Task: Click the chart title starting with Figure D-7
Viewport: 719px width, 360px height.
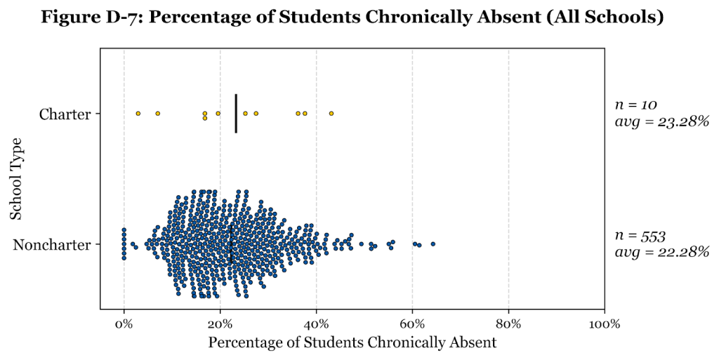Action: click(x=352, y=17)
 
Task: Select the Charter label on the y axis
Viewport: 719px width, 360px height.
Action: click(x=65, y=114)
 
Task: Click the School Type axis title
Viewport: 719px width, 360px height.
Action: click(x=16, y=179)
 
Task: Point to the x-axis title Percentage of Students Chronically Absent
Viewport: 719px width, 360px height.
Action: click(x=352, y=343)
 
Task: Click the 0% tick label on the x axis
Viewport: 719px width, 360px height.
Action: click(x=124, y=324)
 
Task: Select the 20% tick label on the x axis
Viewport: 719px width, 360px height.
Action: click(x=220, y=324)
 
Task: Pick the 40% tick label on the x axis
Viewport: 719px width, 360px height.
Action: click(x=316, y=324)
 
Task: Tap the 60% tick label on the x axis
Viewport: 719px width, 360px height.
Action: click(x=412, y=324)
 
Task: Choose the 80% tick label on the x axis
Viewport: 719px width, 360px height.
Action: click(x=508, y=324)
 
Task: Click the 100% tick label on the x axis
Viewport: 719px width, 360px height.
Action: click(x=604, y=324)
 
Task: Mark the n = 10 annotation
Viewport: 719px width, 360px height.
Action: click(x=635, y=105)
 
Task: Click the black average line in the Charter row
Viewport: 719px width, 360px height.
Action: click(x=236, y=114)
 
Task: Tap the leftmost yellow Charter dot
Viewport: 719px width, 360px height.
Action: click(x=138, y=114)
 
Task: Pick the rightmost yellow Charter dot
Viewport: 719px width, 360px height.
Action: click(x=331, y=114)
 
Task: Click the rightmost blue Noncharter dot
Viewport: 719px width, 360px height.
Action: click(x=433, y=244)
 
